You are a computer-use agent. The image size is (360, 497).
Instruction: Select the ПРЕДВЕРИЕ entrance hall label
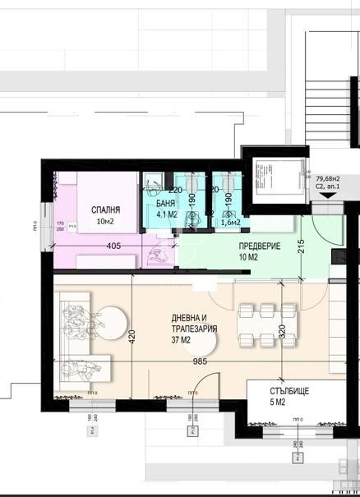coord(261,246)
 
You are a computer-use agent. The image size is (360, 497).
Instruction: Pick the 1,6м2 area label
coord(230,222)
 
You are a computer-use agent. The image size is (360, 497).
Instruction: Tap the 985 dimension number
coord(195,359)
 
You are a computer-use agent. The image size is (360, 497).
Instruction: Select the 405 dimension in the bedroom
coord(114,245)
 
